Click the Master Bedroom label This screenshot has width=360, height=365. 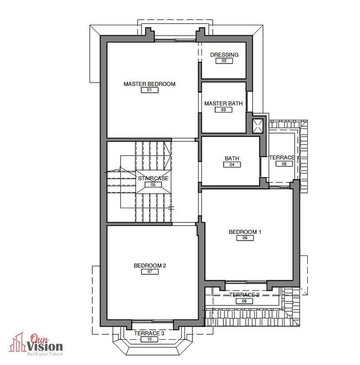(150, 84)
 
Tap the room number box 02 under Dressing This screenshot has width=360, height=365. (224, 61)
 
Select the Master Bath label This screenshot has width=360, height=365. (223, 103)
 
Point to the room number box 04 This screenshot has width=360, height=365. (232, 164)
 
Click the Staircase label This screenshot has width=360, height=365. (153, 178)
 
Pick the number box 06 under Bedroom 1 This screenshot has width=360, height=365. (245, 238)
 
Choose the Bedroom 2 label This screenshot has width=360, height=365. (150, 265)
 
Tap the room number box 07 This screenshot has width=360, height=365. (150, 271)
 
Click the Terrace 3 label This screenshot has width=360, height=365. (149, 333)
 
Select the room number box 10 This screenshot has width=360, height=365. (150, 339)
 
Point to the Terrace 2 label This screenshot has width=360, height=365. (244, 295)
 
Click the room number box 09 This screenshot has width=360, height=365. (244, 301)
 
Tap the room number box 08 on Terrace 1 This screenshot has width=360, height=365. (284, 164)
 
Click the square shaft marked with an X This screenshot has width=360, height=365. (258, 126)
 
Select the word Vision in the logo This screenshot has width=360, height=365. (45, 347)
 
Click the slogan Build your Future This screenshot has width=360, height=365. (45, 354)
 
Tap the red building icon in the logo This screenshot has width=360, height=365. (17, 342)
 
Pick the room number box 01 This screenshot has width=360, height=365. (150, 90)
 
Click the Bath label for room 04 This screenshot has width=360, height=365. (232, 158)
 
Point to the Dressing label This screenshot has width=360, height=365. (224, 55)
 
